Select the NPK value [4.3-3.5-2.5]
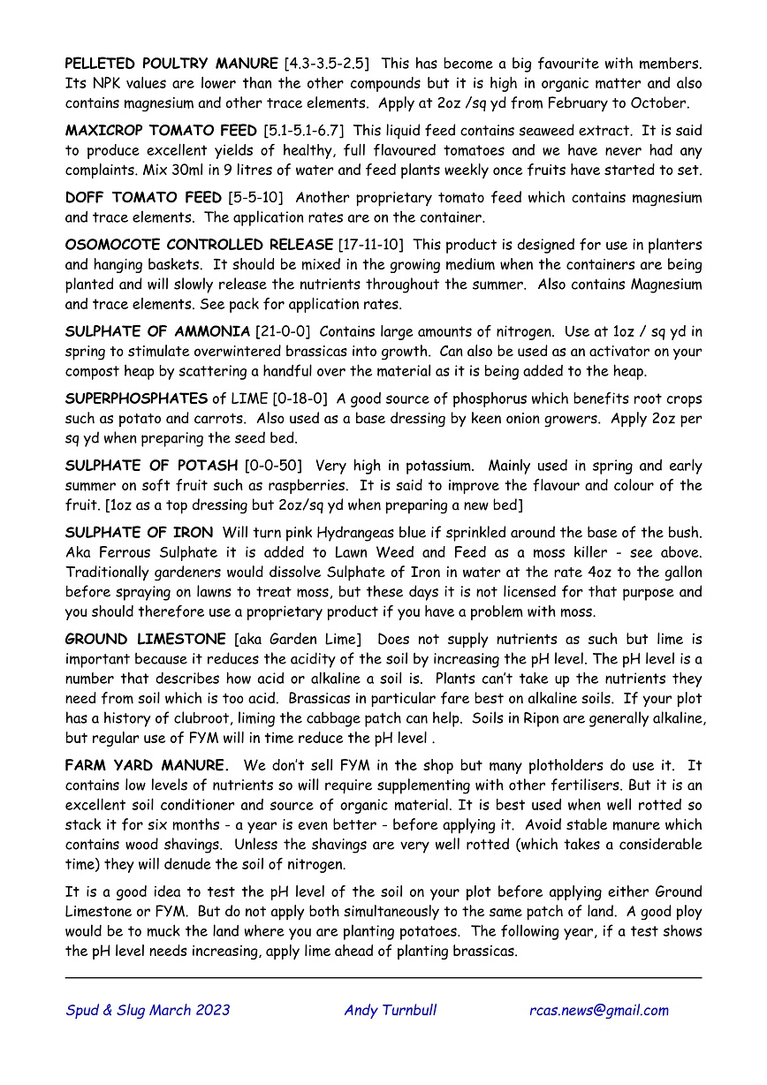point(327,64)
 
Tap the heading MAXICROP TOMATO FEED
point(161,131)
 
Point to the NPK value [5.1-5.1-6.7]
point(304,131)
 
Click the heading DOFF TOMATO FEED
point(143,198)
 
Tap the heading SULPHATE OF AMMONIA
point(157,332)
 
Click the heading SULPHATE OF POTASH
point(151,466)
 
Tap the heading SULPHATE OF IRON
point(139,533)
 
